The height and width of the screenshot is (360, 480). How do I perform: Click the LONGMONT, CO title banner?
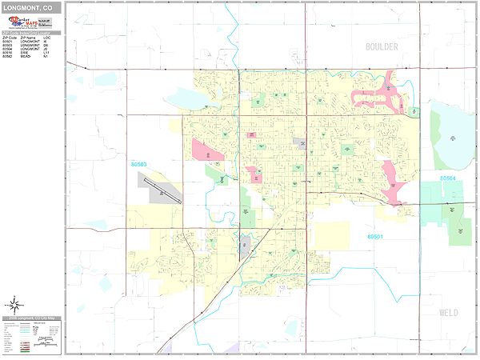[32, 6]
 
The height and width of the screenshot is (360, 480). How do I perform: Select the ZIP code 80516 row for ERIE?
[32, 54]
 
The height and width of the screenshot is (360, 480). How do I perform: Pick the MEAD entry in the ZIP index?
[32, 58]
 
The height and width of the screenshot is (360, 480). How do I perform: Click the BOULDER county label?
[382, 47]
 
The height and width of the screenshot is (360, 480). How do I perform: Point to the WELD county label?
[448, 313]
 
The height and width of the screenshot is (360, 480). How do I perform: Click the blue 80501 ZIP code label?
[376, 237]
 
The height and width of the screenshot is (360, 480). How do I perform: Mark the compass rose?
[14, 304]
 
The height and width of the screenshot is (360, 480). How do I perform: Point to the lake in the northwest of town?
[186, 98]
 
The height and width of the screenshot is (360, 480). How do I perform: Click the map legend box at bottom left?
[32, 335]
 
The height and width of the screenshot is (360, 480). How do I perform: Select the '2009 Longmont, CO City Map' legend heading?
[32, 320]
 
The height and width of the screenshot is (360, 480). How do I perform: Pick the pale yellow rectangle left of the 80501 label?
[331, 236]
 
